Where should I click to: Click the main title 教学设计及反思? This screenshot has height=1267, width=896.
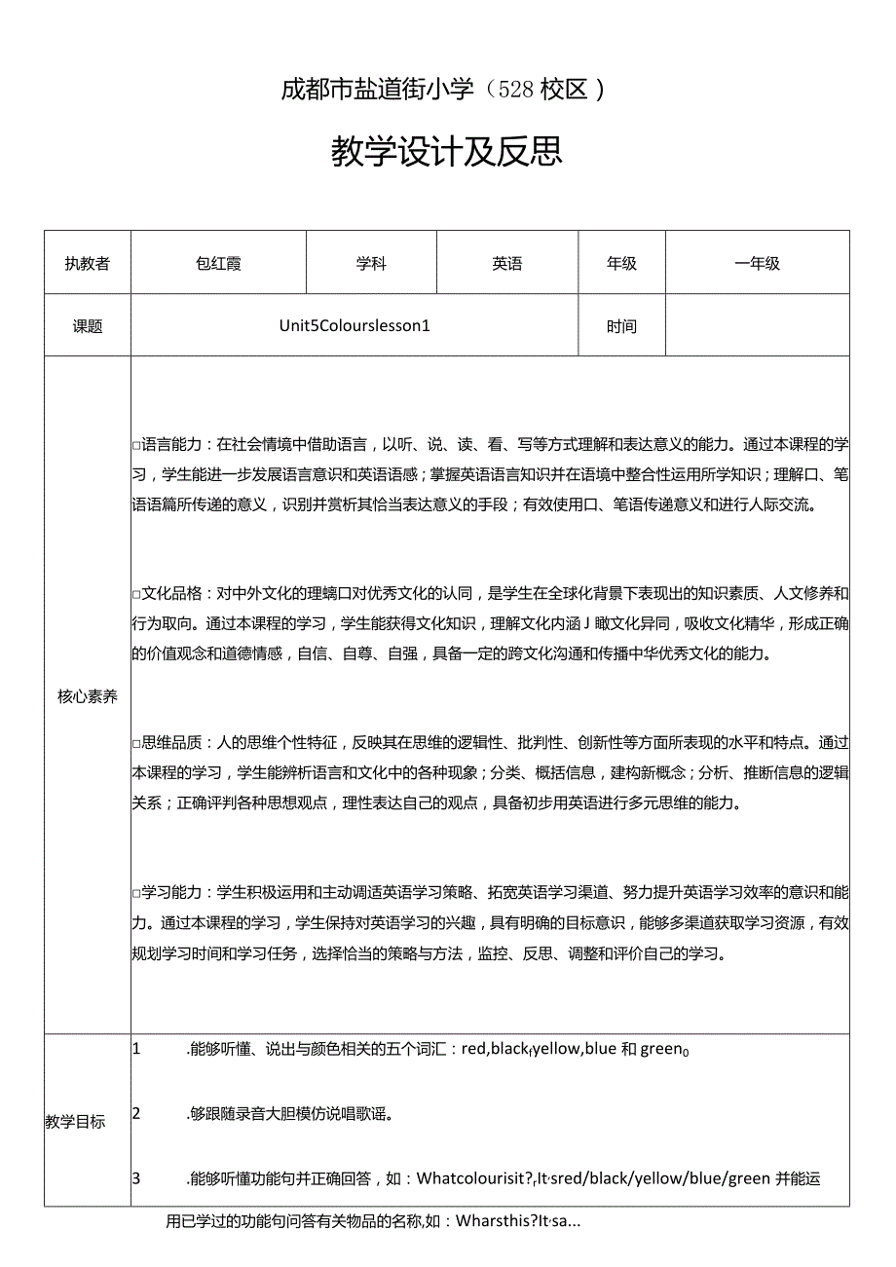447,152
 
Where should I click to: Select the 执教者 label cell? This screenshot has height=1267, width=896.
88,264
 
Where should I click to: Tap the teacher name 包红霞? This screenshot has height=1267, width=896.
218,264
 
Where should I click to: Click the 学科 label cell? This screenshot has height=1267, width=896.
371,264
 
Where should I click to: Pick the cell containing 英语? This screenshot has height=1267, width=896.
507,264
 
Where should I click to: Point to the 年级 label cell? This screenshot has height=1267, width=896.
621,264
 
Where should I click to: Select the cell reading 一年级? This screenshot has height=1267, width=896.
757,264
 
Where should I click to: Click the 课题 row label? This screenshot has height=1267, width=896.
88,326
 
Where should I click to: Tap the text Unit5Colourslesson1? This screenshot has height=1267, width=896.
355,326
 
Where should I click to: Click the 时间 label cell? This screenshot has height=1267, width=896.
621,326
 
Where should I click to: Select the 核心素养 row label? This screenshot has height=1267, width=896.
88,696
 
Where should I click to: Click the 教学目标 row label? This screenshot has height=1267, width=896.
76,1122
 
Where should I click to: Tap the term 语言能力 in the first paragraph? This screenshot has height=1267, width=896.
171,445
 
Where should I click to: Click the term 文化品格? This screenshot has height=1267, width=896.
171,593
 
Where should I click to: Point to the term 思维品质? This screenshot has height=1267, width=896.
171,743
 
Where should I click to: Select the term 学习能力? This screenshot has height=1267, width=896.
171,892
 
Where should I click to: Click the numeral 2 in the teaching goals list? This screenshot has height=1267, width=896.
137,1113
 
